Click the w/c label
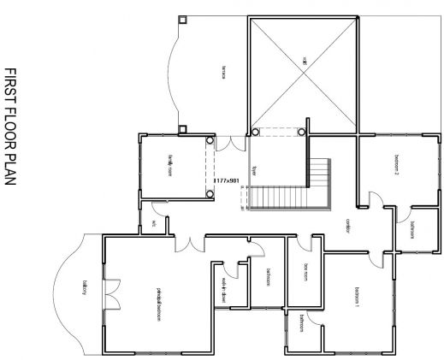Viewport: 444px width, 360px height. [x=154, y=224]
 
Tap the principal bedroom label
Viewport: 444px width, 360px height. [x=158, y=301]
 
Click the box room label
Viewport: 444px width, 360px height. [x=305, y=272]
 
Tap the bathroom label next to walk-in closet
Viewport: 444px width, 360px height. [x=268, y=279]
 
